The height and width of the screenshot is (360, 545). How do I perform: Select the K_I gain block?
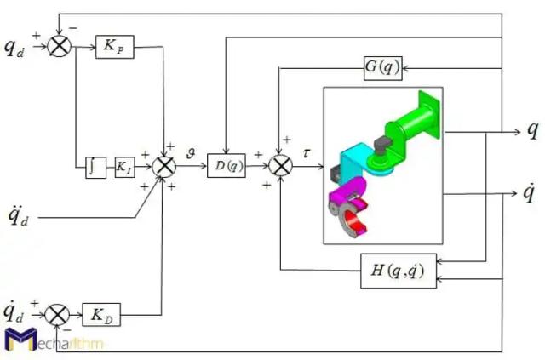[124, 167]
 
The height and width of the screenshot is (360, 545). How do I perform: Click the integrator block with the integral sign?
[95, 167]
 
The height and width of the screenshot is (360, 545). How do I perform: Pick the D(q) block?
[226, 167]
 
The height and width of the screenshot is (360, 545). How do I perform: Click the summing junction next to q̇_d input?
[58, 316]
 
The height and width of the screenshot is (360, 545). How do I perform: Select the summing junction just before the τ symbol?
[280, 167]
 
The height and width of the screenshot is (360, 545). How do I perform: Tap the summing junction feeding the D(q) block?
[163, 167]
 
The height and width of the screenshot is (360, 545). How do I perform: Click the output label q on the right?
[531, 130]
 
